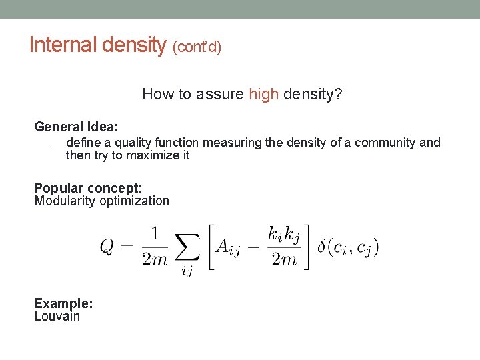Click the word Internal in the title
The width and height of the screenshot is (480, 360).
(63, 45)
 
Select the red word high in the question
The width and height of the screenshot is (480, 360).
(263, 94)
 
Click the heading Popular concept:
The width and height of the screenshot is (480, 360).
(88, 188)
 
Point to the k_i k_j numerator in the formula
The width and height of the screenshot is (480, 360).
(283, 234)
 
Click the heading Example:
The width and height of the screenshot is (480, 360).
(63, 303)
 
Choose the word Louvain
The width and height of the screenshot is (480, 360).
(57, 316)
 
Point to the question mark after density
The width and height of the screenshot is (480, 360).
(339, 94)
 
